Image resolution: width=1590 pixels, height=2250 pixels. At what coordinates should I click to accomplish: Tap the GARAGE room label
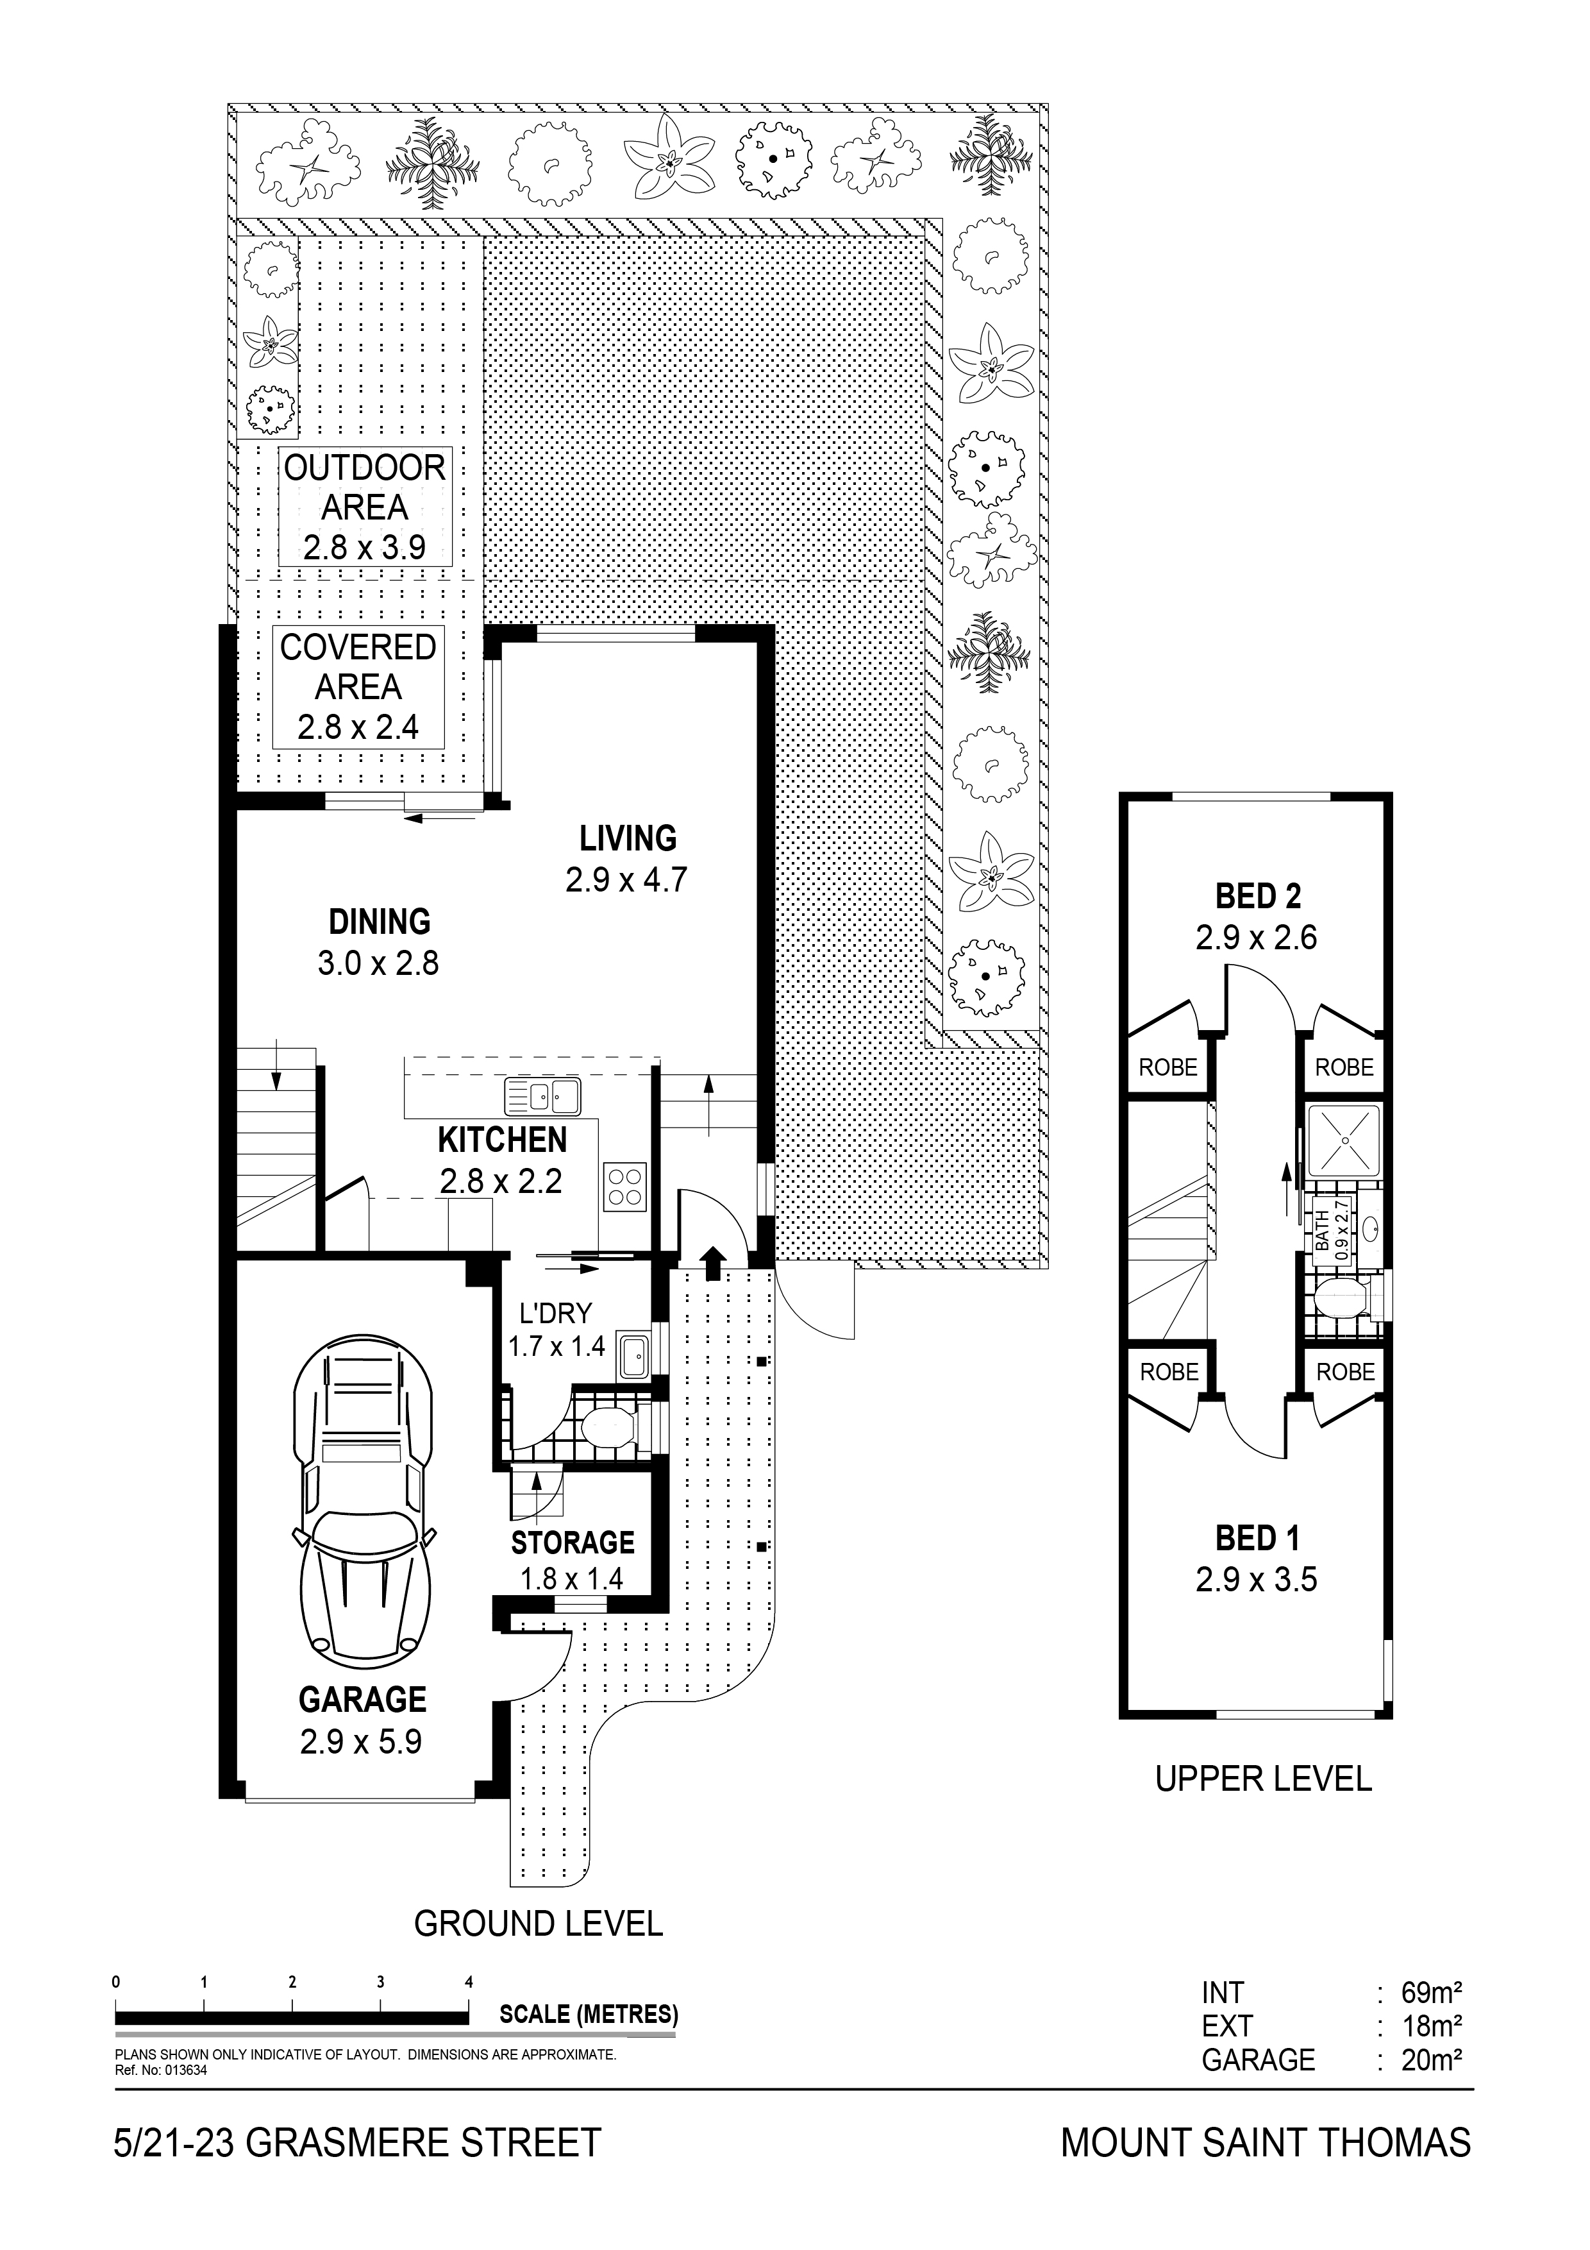pos(362,1700)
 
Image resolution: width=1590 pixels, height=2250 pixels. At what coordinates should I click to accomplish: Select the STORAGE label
pos(573,1543)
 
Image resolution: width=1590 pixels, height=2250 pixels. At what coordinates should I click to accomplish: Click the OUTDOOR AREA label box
pos(364,507)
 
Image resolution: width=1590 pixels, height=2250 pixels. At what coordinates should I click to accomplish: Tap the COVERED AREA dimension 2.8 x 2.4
pos(358,727)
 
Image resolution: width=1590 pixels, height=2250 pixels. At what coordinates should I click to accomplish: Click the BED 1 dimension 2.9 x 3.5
pos(1256,1580)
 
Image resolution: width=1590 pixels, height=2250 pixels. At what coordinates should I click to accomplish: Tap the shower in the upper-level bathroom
pos(1343,1140)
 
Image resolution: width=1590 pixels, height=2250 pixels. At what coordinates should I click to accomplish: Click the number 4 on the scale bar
pos(469,1981)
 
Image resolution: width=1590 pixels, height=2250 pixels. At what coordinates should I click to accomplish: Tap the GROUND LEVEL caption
pos(538,1924)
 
